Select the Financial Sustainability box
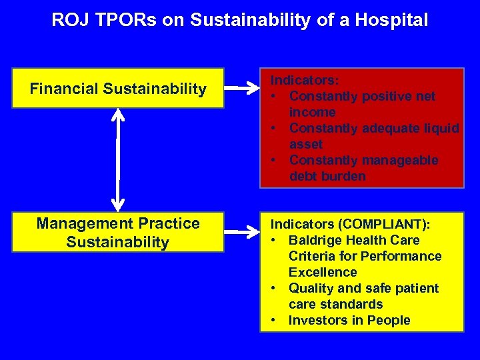click(118, 89)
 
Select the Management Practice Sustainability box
click(118, 233)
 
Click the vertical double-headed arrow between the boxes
click(118, 160)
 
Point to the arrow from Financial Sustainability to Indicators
click(241, 87)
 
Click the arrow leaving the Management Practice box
click(241, 231)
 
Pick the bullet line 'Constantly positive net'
click(362, 96)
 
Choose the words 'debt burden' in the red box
click(327, 176)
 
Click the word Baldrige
click(317, 240)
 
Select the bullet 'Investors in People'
click(349, 320)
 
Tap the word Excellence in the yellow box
click(323, 272)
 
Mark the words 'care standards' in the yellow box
click(335, 304)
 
